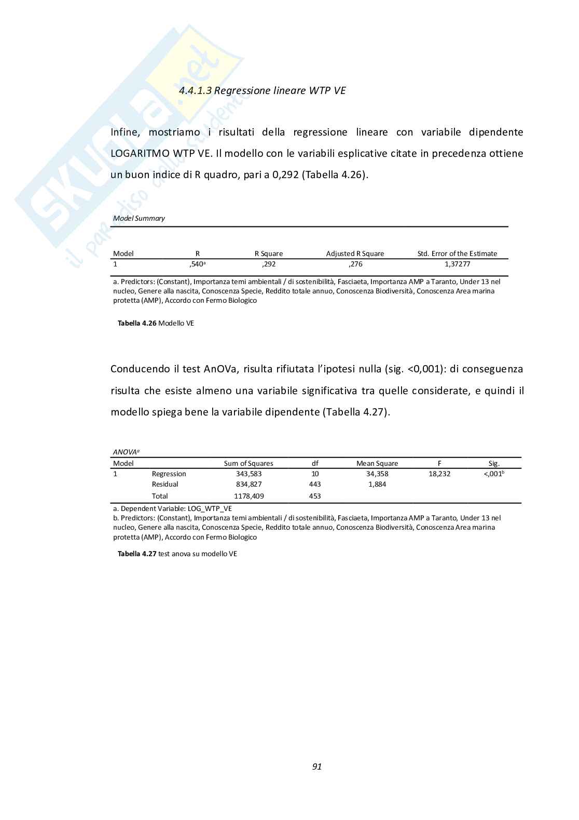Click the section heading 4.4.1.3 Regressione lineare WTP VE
tap(262, 91)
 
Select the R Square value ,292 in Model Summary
tap(269, 264)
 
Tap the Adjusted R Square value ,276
tap(355, 264)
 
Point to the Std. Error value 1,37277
tap(457, 264)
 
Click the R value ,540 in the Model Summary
tap(197, 264)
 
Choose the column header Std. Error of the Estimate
tap(457, 254)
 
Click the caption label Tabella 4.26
tap(137, 324)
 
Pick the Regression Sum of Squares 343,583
tap(249, 474)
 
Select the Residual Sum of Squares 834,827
tap(249, 485)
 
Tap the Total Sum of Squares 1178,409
tap(249, 496)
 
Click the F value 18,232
tap(439, 474)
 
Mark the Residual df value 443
tap(315, 485)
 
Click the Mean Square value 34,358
tap(377, 474)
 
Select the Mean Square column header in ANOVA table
tap(377, 464)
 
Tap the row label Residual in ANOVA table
tap(165, 485)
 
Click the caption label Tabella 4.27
tap(137, 554)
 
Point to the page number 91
tap(317, 767)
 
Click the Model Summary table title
tap(139, 219)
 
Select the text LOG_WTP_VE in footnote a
tap(210, 509)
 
